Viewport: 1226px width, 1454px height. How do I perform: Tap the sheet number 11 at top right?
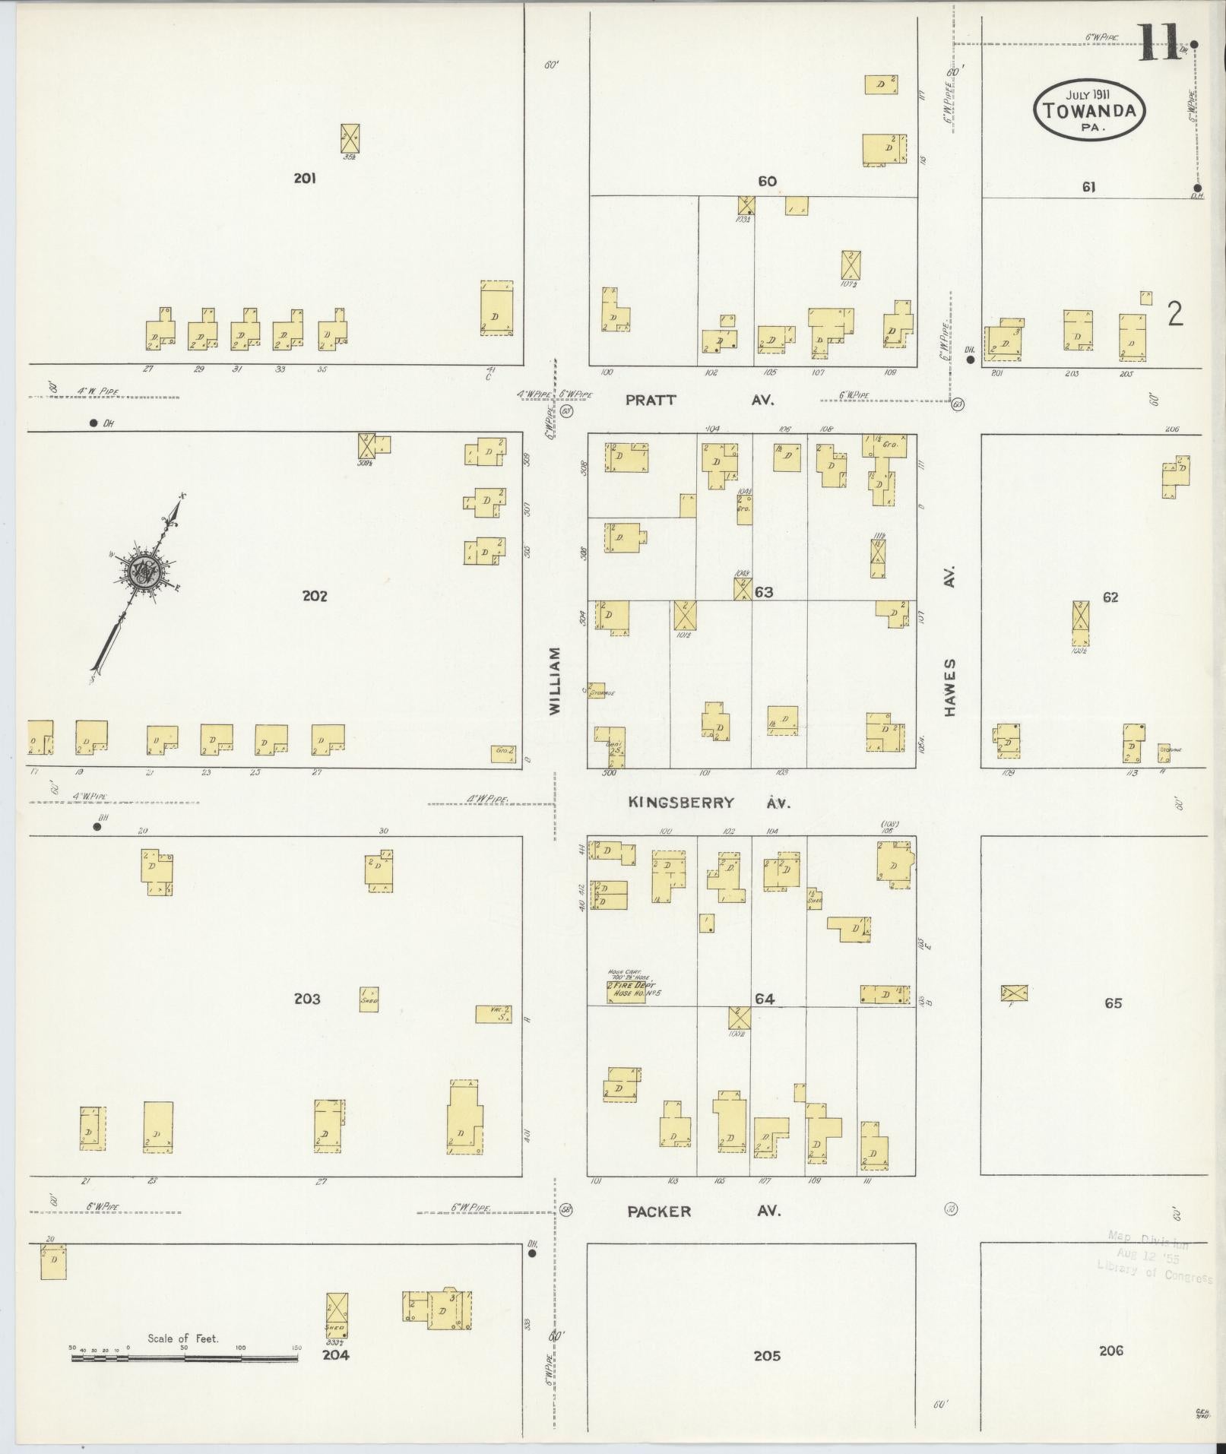tap(1159, 43)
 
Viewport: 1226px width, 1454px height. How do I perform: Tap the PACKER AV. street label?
tap(703, 1212)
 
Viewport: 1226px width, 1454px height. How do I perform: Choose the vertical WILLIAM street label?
tap(554, 680)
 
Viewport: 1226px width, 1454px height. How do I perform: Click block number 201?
tap(305, 179)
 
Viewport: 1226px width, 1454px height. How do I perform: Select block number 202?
tap(314, 596)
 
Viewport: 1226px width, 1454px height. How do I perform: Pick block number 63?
tap(764, 592)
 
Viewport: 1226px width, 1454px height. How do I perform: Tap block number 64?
tap(764, 999)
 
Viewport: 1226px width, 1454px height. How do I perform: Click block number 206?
tap(1110, 1351)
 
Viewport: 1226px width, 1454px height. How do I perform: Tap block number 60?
tap(766, 181)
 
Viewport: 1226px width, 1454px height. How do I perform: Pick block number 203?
tap(307, 999)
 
